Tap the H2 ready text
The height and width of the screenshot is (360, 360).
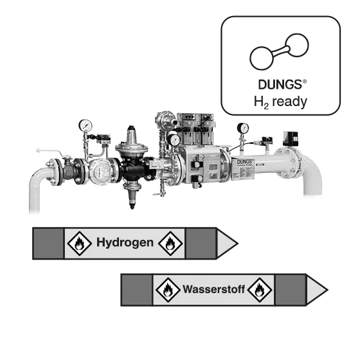(x=280, y=102)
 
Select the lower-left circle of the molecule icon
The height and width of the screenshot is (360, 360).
(x=262, y=58)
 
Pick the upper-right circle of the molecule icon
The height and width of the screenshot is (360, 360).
(x=297, y=45)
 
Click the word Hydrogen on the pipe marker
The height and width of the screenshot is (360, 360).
(x=125, y=242)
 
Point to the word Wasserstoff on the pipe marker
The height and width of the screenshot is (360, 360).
(x=213, y=289)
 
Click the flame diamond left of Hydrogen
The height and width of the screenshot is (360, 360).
(x=79, y=244)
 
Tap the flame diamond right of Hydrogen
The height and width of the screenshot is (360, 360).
(x=170, y=244)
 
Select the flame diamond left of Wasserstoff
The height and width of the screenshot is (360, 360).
(x=168, y=290)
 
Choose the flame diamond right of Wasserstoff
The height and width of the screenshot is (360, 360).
(x=260, y=290)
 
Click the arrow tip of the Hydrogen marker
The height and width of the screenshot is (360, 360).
(x=238, y=244)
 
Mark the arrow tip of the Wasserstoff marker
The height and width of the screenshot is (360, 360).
(x=328, y=290)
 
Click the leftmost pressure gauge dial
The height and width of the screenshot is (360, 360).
(x=85, y=125)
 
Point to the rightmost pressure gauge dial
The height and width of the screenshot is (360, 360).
(x=243, y=128)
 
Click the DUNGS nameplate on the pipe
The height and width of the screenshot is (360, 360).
(x=244, y=168)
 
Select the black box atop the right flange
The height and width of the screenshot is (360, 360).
(x=291, y=138)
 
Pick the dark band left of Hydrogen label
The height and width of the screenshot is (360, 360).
(x=48, y=244)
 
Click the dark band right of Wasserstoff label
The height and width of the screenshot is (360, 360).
(x=291, y=290)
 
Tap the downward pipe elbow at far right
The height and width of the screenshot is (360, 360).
(x=312, y=174)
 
